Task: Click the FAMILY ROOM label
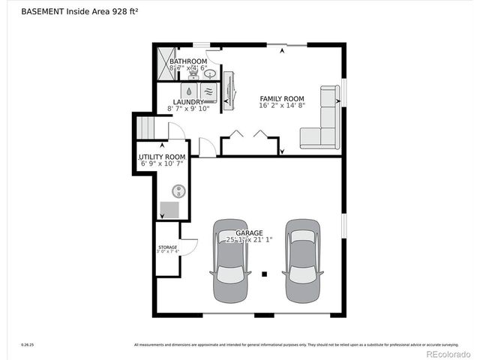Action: pos(282,99)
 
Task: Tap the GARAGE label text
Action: pos(249,232)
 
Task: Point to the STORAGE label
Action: pos(167,247)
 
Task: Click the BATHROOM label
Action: pos(187,61)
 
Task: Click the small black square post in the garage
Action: pos(264,274)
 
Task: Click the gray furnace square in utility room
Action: pos(170,209)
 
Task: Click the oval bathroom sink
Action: pos(211,73)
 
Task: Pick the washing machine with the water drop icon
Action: pos(187,88)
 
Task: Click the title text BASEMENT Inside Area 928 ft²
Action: pos(73,12)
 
